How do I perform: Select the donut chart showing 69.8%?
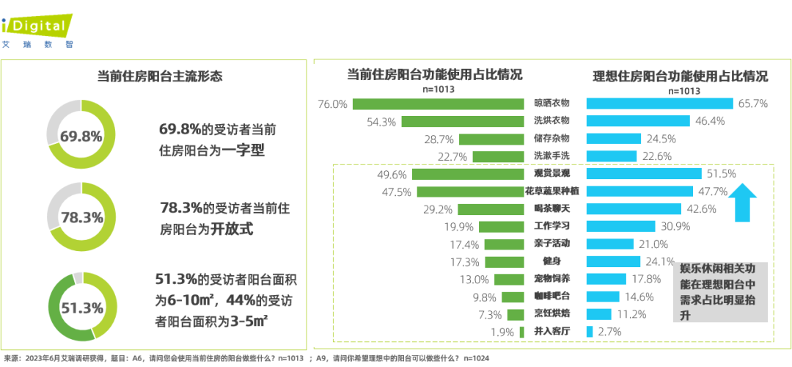click(81, 137)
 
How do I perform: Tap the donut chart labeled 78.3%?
click(81, 218)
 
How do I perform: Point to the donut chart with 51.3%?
click(81, 308)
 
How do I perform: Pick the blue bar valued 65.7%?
click(659, 104)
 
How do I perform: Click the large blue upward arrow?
click(746, 201)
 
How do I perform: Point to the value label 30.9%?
click(676, 226)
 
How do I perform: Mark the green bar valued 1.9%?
click(521, 332)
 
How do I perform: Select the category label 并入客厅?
click(551, 332)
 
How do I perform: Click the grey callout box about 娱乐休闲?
click(719, 291)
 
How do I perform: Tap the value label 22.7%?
click(452, 156)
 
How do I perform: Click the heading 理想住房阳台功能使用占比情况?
click(680, 76)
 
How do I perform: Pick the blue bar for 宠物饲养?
click(606, 279)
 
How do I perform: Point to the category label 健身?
click(551, 261)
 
